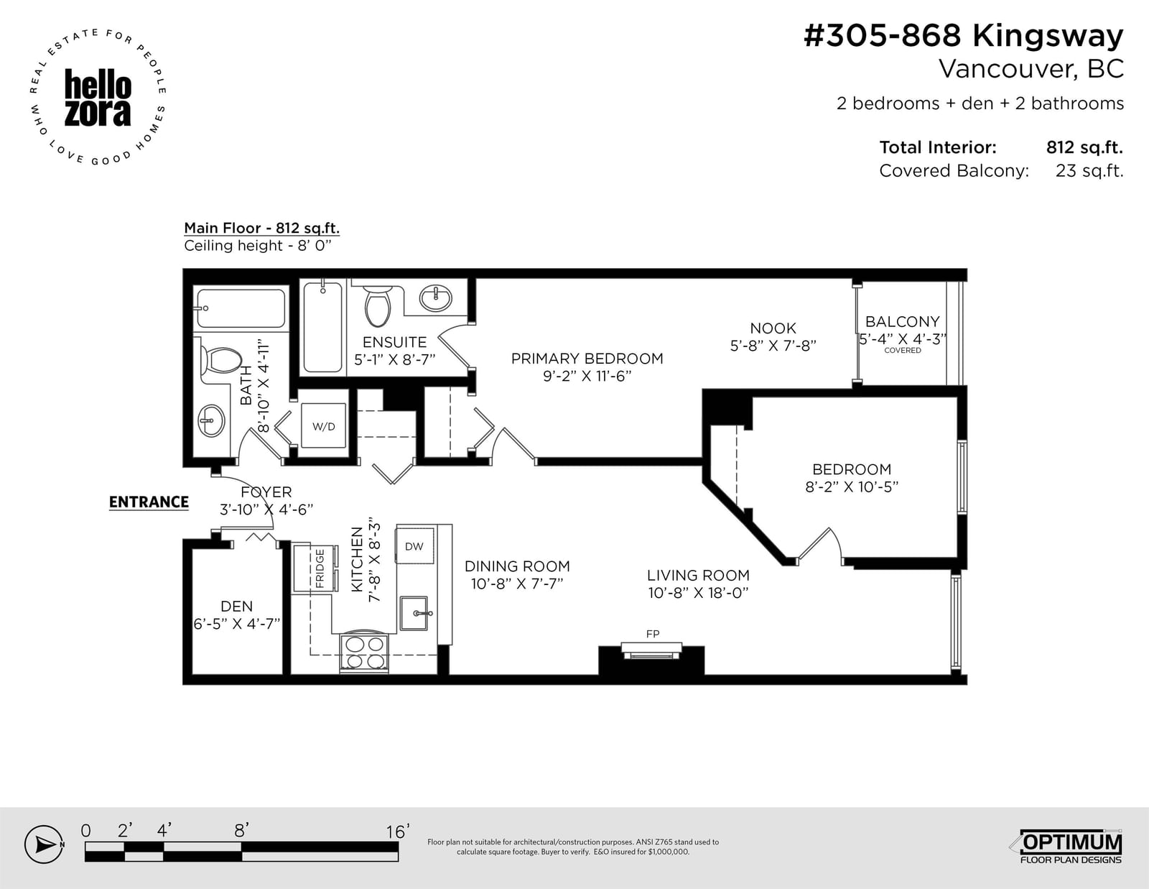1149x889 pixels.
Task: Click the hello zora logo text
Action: point(98,98)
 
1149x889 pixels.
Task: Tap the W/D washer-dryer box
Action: point(324,425)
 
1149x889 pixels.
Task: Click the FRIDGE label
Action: point(320,568)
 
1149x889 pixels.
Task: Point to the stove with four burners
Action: point(365,653)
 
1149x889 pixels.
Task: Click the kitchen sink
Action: point(414,613)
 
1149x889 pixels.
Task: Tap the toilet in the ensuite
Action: point(378,306)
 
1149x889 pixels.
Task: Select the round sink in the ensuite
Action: point(436,298)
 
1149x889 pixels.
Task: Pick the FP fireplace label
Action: point(653,633)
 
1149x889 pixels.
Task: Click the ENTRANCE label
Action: point(149,502)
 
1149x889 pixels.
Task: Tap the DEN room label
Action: point(236,606)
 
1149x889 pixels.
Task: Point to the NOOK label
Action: point(773,328)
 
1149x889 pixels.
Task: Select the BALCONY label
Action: point(902,321)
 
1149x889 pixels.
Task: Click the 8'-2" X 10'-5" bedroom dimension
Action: point(851,487)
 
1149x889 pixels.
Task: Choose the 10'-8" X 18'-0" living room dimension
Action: point(698,593)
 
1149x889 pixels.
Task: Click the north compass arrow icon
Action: point(45,844)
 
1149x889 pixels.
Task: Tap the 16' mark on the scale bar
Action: point(398,832)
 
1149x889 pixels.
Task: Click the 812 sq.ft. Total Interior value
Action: point(1084,147)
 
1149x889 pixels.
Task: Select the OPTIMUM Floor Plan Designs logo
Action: point(1070,846)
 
